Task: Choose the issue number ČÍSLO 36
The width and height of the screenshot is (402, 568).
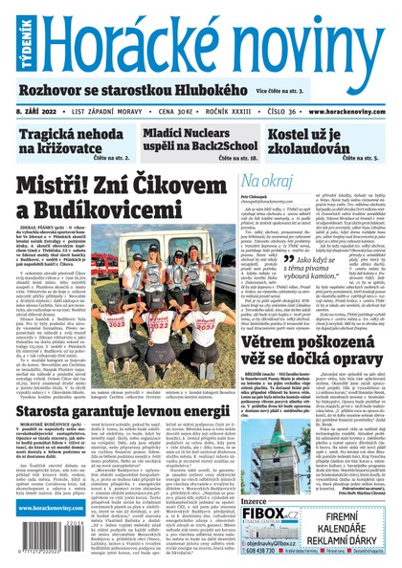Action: click(x=262, y=111)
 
